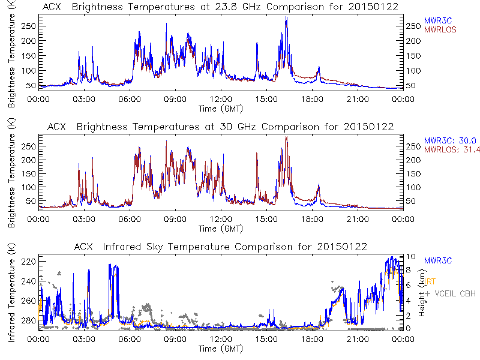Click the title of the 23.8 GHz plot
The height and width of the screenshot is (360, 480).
tap(220, 7)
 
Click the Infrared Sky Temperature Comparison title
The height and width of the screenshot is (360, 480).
tap(220, 247)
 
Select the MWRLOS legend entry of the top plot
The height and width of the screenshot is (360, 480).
tap(442, 29)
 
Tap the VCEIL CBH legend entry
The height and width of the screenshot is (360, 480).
tap(451, 294)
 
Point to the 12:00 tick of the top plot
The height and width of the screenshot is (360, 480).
tap(221, 100)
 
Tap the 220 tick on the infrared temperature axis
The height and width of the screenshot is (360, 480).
tap(29, 262)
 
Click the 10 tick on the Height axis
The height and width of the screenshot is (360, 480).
tap(410, 257)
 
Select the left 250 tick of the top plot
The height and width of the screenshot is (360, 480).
tap(29, 26)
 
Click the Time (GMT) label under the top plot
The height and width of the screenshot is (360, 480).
tap(221, 109)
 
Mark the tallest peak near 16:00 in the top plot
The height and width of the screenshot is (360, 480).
tap(286, 17)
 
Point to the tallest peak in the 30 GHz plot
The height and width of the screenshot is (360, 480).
tap(286, 137)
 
